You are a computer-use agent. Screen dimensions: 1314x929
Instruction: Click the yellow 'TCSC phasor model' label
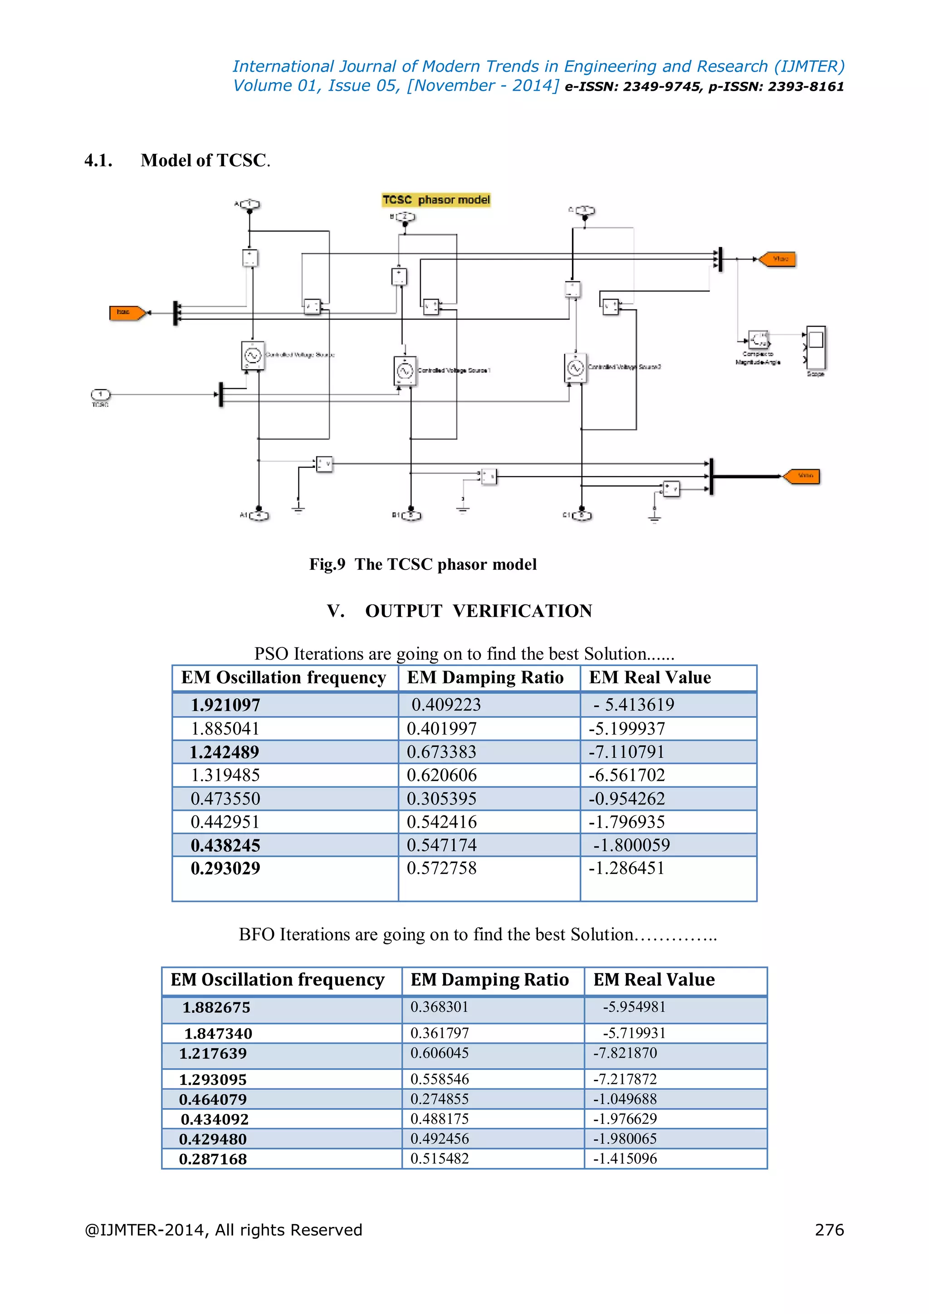tap(436, 200)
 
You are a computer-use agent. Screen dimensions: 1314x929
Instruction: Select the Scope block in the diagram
tap(816, 348)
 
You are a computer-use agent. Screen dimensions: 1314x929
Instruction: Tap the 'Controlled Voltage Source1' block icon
tap(405, 371)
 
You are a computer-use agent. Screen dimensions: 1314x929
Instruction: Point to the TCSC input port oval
tap(101, 394)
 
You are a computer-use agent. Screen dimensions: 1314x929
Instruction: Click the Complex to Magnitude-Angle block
tap(758, 340)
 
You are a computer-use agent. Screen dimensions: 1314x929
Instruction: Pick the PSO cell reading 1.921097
tap(225, 705)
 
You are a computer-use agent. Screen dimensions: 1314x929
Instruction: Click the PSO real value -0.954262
tap(626, 799)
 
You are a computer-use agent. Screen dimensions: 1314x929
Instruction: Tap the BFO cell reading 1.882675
tap(216, 1008)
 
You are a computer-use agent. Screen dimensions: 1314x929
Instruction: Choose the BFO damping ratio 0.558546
tap(440, 1079)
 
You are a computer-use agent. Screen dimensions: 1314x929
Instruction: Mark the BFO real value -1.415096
tap(625, 1159)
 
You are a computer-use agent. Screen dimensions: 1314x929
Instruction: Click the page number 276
tap(829, 1230)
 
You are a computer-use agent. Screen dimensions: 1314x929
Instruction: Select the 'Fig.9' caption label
tap(327, 564)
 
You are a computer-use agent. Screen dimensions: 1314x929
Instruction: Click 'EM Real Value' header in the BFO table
tap(653, 980)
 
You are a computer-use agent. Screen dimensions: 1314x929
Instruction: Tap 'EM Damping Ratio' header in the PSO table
tap(485, 677)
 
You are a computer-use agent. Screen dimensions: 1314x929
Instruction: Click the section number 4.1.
tap(98, 161)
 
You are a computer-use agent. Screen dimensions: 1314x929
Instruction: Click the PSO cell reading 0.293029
tap(225, 869)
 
